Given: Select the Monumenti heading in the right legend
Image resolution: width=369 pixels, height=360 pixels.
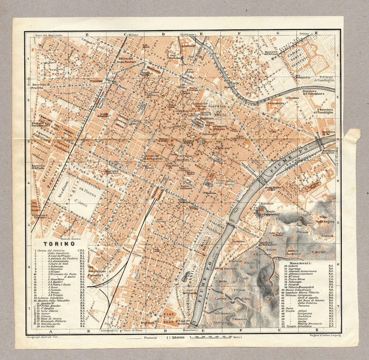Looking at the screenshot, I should pyautogui.click(x=296, y=262).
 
